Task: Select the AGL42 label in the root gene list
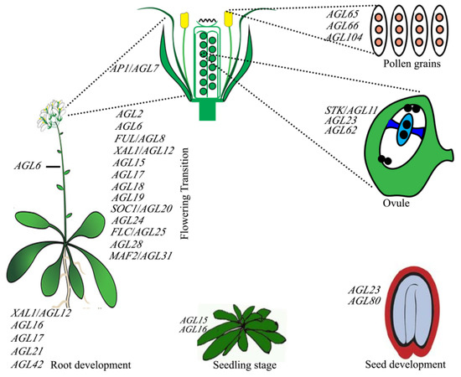tap(28, 365)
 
